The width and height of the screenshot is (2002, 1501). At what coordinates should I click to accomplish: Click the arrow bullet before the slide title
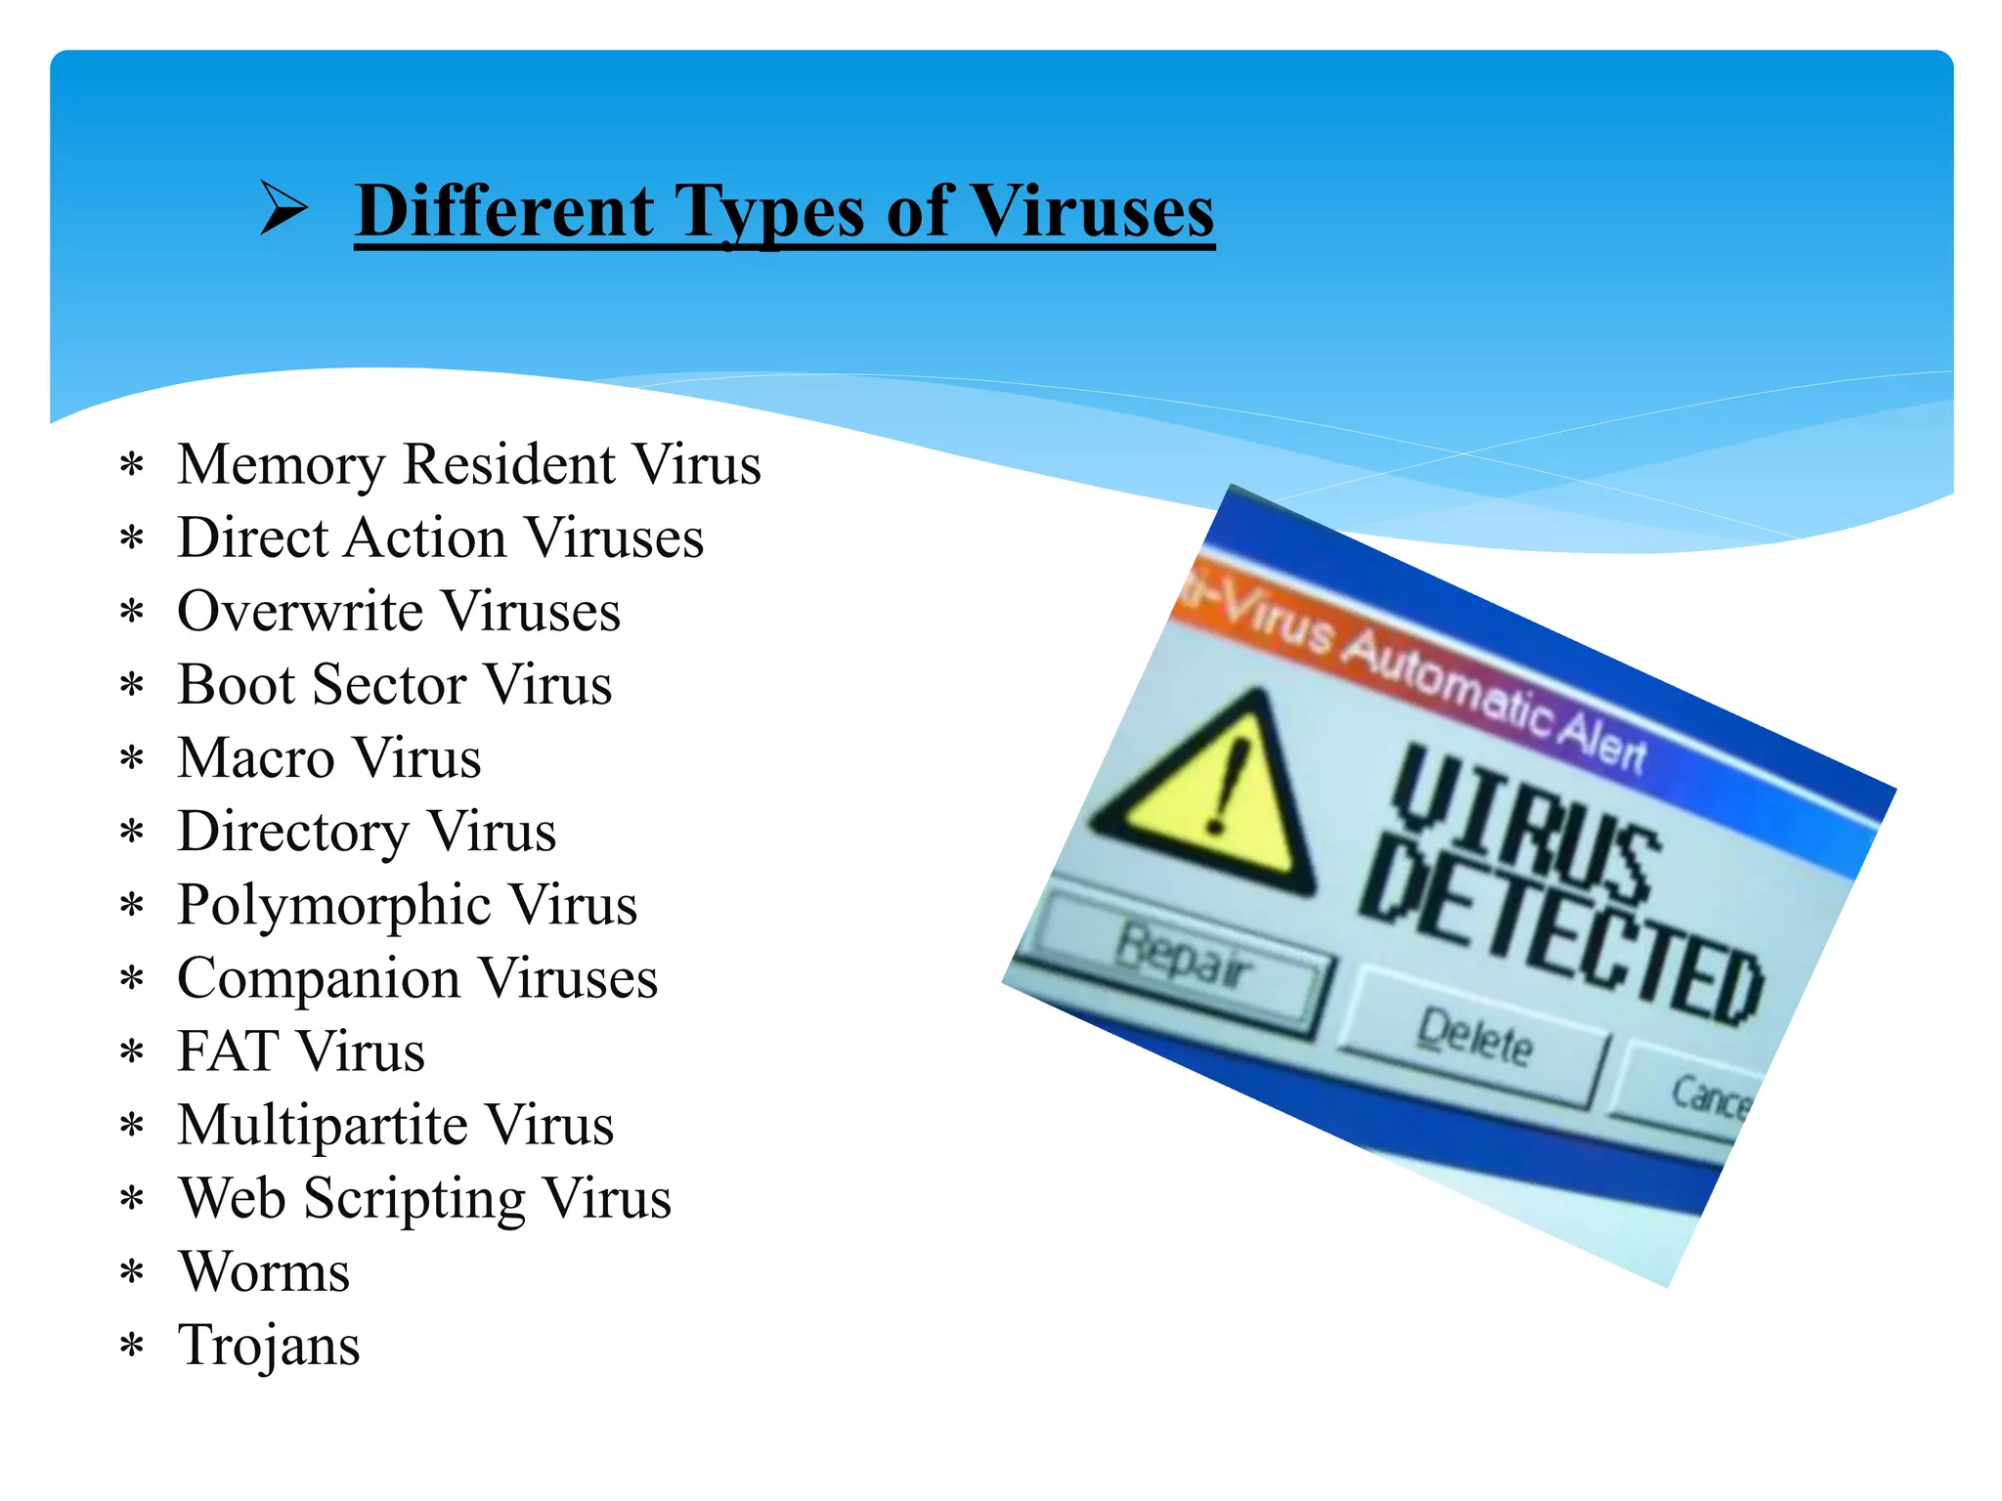(x=283, y=208)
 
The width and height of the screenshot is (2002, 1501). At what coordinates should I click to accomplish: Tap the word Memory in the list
(x=282, y=465)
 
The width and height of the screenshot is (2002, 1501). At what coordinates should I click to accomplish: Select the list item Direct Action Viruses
(x=440, y=537)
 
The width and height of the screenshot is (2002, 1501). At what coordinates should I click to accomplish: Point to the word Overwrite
(x=300, y=612)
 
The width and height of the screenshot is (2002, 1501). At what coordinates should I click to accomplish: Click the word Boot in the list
(x=236, y=684)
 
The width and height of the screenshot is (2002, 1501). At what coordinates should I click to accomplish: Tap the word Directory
(x=293, y=833)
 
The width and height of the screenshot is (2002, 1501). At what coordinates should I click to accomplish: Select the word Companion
(x=319, y=978)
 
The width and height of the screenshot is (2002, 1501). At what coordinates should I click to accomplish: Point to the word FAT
(x=228, y=1051)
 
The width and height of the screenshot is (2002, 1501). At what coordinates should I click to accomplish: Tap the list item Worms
(x=264, y=1272)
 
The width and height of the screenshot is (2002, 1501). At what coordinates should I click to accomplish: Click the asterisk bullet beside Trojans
(x=132, y=1348)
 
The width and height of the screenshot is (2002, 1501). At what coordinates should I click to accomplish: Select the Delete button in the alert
(x=1474, y=1039)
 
